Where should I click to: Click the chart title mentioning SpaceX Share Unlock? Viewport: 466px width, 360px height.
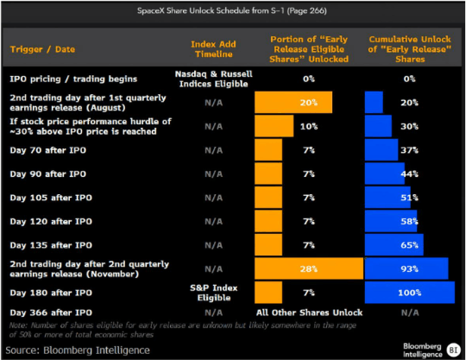pos(232,11)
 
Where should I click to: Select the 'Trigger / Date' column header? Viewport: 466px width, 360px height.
pos(42,49)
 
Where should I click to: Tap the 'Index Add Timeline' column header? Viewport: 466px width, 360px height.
pos(213,49)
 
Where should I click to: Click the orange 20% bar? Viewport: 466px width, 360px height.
pos(293,102)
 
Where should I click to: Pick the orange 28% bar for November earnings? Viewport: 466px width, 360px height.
pos(309,268)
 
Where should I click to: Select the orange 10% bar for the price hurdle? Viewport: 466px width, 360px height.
pos(274,126)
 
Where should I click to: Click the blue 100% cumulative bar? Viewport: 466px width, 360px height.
pos(410,293)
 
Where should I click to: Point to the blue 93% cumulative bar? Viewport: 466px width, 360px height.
pos(406,268)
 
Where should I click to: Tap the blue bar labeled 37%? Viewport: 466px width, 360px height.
pos(381,150)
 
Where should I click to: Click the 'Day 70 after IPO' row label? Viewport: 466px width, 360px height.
pos(47,150)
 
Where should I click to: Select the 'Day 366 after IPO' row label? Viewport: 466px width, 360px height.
pos(51,313)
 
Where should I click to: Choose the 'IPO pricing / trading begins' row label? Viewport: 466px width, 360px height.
pos(73,79)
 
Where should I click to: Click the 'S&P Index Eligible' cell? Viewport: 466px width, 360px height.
pos(214,293)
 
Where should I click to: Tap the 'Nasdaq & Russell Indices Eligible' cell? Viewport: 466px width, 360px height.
pos(214,79)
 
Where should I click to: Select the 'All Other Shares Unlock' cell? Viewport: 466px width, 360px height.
pos(310,313)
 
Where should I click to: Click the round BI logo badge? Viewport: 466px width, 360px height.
pos(453,350)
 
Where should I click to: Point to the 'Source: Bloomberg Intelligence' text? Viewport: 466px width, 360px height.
pos(78,351)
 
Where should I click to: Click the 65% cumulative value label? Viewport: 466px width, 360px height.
pos(410,245)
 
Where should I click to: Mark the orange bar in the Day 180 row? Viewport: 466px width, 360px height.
pos(268,293)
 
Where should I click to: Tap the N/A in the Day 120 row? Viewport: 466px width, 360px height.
pos(214,222)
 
